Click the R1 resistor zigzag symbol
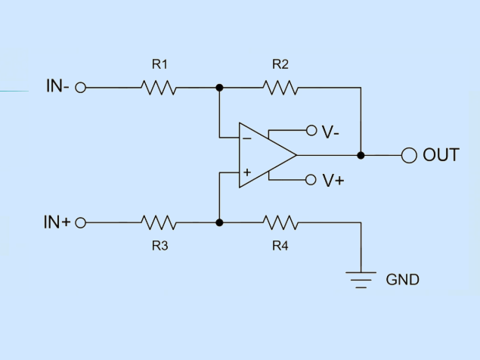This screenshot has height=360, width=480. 159,88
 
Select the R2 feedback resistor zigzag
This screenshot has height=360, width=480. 280,88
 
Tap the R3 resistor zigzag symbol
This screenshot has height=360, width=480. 159,222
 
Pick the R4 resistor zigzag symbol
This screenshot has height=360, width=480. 280,222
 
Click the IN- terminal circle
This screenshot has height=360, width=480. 81,88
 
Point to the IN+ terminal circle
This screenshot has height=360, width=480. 81,223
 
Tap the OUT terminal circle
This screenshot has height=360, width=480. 409,155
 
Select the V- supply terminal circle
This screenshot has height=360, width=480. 311,131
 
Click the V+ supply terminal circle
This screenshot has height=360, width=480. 311,179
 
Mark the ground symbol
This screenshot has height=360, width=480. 361,280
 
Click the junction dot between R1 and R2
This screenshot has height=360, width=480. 219,88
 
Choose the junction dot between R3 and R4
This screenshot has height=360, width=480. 219,222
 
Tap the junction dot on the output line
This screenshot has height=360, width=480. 361,155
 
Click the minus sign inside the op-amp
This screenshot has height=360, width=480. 246,139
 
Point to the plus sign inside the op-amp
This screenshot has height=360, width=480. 247,172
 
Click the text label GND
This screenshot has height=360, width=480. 403,280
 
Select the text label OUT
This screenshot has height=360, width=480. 441,155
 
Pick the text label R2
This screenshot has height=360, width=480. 280,64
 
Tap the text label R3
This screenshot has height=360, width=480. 159,246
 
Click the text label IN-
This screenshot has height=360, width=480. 57,85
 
